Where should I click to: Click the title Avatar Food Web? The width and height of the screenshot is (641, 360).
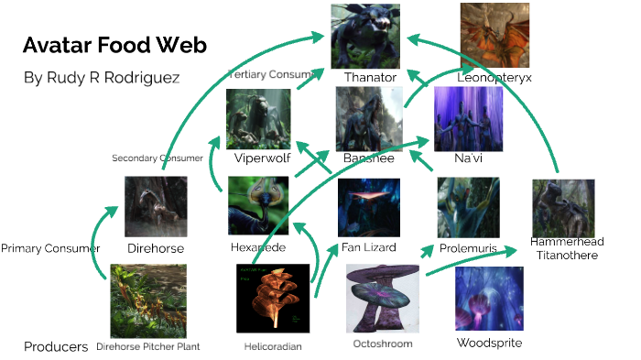pyautogui.click(x=114, y=46)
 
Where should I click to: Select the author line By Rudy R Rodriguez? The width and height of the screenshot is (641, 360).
pyautogui.click(x=103, y=78)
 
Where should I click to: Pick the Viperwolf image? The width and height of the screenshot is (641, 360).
pyautogui.click(x=258, y=118)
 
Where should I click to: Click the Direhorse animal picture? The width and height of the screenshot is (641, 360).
pyautogui.click(x=156, y=207)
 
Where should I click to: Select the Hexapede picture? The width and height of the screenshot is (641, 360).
pyautogui.click(x=258, y=206)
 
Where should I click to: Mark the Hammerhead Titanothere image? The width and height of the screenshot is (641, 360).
pyautogui.click(x=563, y=208)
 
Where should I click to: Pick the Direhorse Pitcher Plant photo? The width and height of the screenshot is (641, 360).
pyautogui.click(x=148, y=301)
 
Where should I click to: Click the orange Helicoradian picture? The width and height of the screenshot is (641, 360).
pyautogui.click(x=273, y=299)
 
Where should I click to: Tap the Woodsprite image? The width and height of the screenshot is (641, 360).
pyautogui.click(x=489, y=299)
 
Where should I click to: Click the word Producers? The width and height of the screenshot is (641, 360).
pyautogui.click(x=56, y=347)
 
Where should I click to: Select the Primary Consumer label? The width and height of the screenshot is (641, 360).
pyautogui.click(x=50, y=248)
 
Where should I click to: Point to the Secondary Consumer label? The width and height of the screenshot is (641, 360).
pyautogui.click(x=158, y=158)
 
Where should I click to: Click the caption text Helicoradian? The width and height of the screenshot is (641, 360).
pyautogui.click(x=273, y=347)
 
